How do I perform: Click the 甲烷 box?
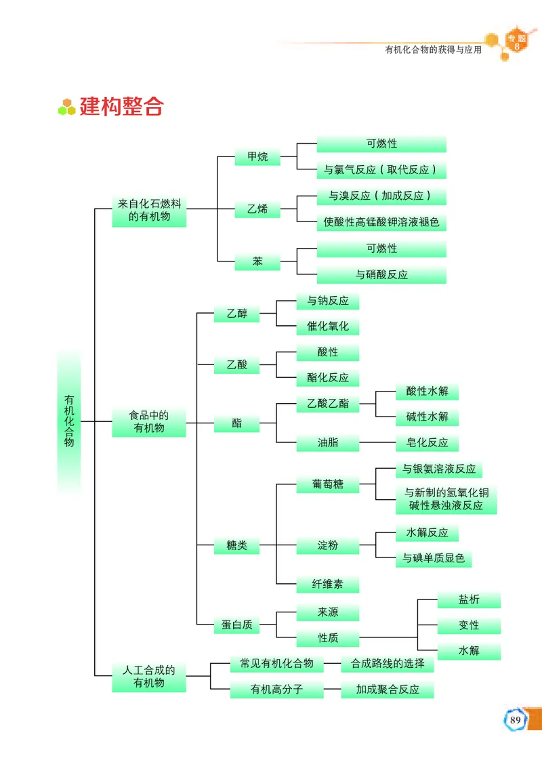click(x=257, y=157)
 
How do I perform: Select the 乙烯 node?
click(x=257, y=209)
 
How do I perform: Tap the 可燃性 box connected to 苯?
click(x=381, y=249)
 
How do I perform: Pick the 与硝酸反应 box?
click(x=381, y=275)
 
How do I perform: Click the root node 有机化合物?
click(x=69, y=421)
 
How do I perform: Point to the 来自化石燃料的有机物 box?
click(x=149, y=210)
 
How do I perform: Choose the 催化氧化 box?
click(x=328, y=326)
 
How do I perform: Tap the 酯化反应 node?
click(x=328, y=378)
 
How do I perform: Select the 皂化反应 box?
click(x=427, y=443)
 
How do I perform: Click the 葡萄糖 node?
click(x=328, y=484)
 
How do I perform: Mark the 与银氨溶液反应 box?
click(x=439, y=469)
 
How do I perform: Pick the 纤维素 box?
click(x=328, y=584)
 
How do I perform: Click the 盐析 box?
click(x=469, y=599)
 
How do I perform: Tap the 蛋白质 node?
click(x=237, y=625)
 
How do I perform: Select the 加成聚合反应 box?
click(x=388, y=690)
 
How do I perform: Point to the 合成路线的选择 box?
click(x=388, y=664)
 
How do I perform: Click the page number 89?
click(x=516, y=719)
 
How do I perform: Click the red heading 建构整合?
click(x=122, y=106)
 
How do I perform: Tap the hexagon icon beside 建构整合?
click(x=66, y=106)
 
